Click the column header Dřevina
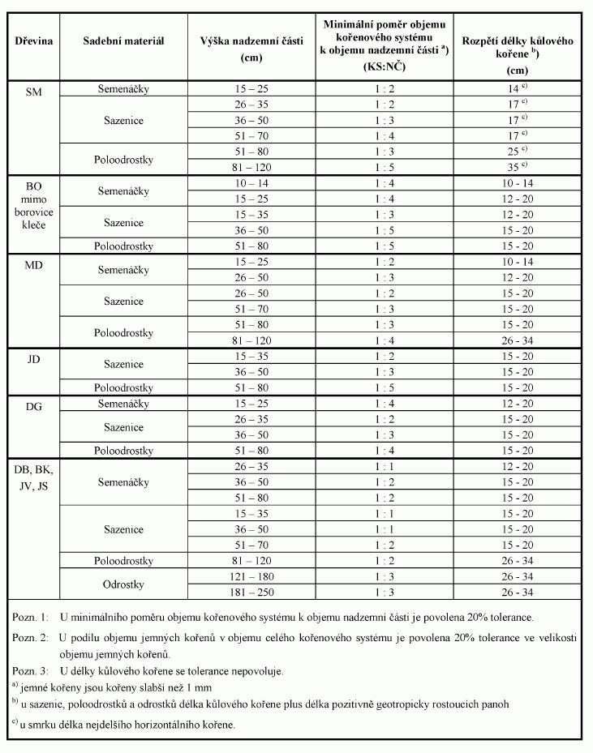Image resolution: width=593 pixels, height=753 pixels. (x=33, y=41)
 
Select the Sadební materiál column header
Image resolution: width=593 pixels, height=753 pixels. (x=123, y=41)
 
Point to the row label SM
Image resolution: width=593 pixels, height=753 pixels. (x=33, y=92)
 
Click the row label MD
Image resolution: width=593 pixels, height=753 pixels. (x=33, y=266)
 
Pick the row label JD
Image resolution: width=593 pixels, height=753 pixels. (x=33, y=358)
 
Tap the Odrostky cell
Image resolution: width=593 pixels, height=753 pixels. (x=123, y=584)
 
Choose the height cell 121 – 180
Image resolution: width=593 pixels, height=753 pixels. (x=253, y=575)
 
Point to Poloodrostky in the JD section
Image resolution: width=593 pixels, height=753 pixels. (x=123, y=387)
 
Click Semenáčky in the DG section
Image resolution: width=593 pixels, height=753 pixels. (x=123, y=404)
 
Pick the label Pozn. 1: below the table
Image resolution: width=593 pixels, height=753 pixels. (x=30, y=618)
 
